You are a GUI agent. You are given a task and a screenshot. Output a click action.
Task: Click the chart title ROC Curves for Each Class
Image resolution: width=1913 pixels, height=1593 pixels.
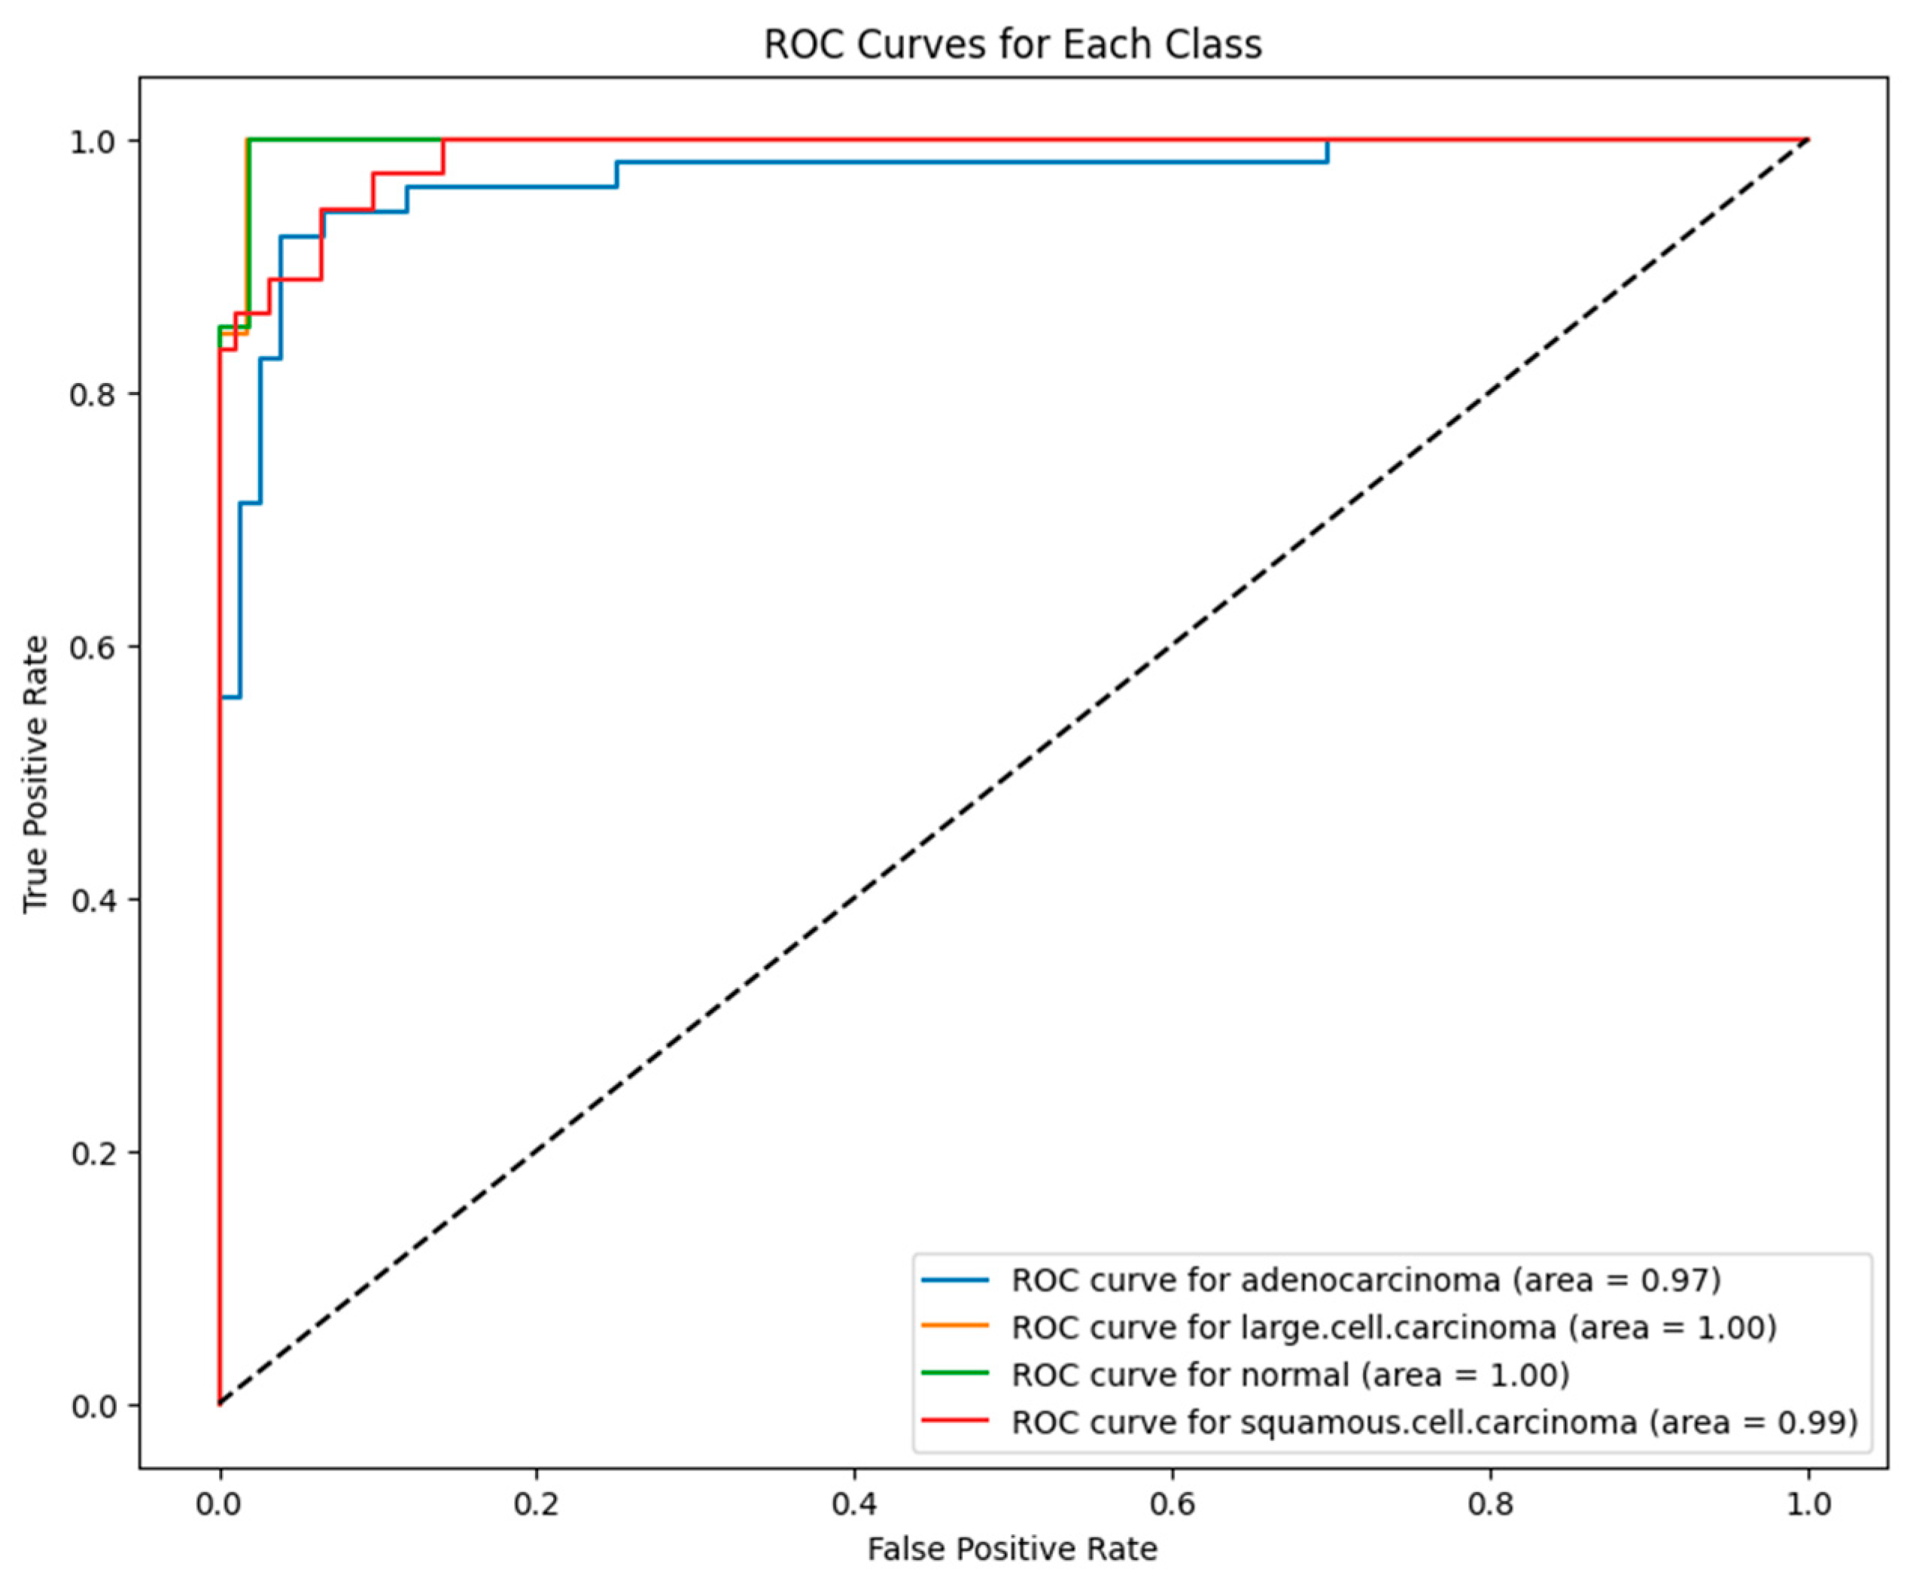tap(1012, 44)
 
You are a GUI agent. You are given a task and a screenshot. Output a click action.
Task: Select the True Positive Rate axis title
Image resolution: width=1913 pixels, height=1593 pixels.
tap(35, 774)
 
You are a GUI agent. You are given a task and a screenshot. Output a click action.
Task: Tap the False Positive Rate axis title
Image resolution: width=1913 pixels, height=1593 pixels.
tap(1012, 1549)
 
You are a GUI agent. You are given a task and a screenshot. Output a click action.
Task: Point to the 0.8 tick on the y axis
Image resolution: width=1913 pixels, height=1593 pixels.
tap(95, 394)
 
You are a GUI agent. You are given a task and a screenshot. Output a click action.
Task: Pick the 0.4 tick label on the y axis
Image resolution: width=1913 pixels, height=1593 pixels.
tap(95, 900)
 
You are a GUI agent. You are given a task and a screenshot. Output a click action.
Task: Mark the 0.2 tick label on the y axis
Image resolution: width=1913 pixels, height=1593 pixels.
tap(95, 1153)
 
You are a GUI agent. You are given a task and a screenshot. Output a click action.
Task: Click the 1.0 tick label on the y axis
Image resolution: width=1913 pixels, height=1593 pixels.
tap(95, 141)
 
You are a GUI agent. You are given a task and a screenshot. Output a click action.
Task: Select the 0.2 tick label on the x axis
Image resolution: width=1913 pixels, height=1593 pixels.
tap(537, 1503)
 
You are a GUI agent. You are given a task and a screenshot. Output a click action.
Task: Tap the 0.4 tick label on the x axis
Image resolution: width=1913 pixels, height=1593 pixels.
tap(853, 1503)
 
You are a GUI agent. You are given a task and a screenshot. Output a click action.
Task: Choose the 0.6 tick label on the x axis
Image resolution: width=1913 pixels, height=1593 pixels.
tap(1172, 1503)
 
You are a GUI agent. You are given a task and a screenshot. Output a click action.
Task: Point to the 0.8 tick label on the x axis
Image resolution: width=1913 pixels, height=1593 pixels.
tap(1489, 1503)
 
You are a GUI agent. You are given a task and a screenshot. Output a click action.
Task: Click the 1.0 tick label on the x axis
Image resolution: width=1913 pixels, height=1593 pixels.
tap(1808, 1503)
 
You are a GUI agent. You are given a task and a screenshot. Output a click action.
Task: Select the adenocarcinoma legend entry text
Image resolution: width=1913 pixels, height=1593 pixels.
tap(1366, 1281)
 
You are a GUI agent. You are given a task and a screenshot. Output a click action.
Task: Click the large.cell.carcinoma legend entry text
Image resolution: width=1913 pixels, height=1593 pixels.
tap(1394, 1328)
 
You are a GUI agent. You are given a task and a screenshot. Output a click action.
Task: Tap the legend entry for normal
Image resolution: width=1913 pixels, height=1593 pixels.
tap(1290, 1375)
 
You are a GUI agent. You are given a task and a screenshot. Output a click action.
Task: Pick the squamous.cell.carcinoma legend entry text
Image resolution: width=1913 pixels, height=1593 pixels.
tap(1434, 1421)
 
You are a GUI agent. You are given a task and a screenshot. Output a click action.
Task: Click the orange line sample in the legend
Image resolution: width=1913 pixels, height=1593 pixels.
tap(955, 1326)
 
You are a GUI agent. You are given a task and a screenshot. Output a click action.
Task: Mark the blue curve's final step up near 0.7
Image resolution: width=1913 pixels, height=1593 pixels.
tap(1328, 152)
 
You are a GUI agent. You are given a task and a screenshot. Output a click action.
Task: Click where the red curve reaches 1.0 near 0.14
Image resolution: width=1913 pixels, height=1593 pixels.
tap(443, 141)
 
